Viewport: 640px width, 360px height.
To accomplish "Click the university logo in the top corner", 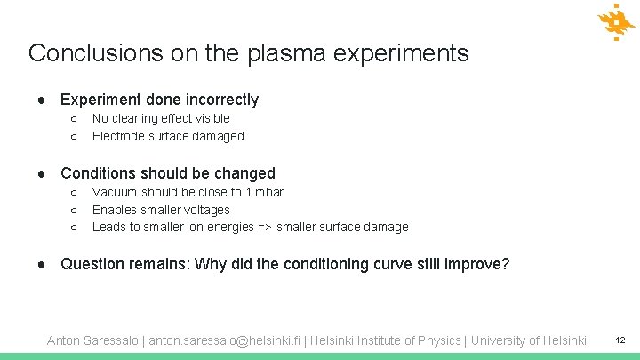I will tap(615, 23).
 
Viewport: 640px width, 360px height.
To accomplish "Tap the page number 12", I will tap(620, 340).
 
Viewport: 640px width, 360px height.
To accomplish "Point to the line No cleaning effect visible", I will tap(161, 118).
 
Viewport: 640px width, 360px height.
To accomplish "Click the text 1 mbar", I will tap(264, 192).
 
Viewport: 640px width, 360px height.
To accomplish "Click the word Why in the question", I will tap(211, 264).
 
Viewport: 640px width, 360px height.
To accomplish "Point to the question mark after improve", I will tap(506, 264).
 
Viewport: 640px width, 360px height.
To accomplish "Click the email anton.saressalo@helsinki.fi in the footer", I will tap(226, 340).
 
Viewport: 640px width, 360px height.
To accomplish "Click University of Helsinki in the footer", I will tap(529, 340).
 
